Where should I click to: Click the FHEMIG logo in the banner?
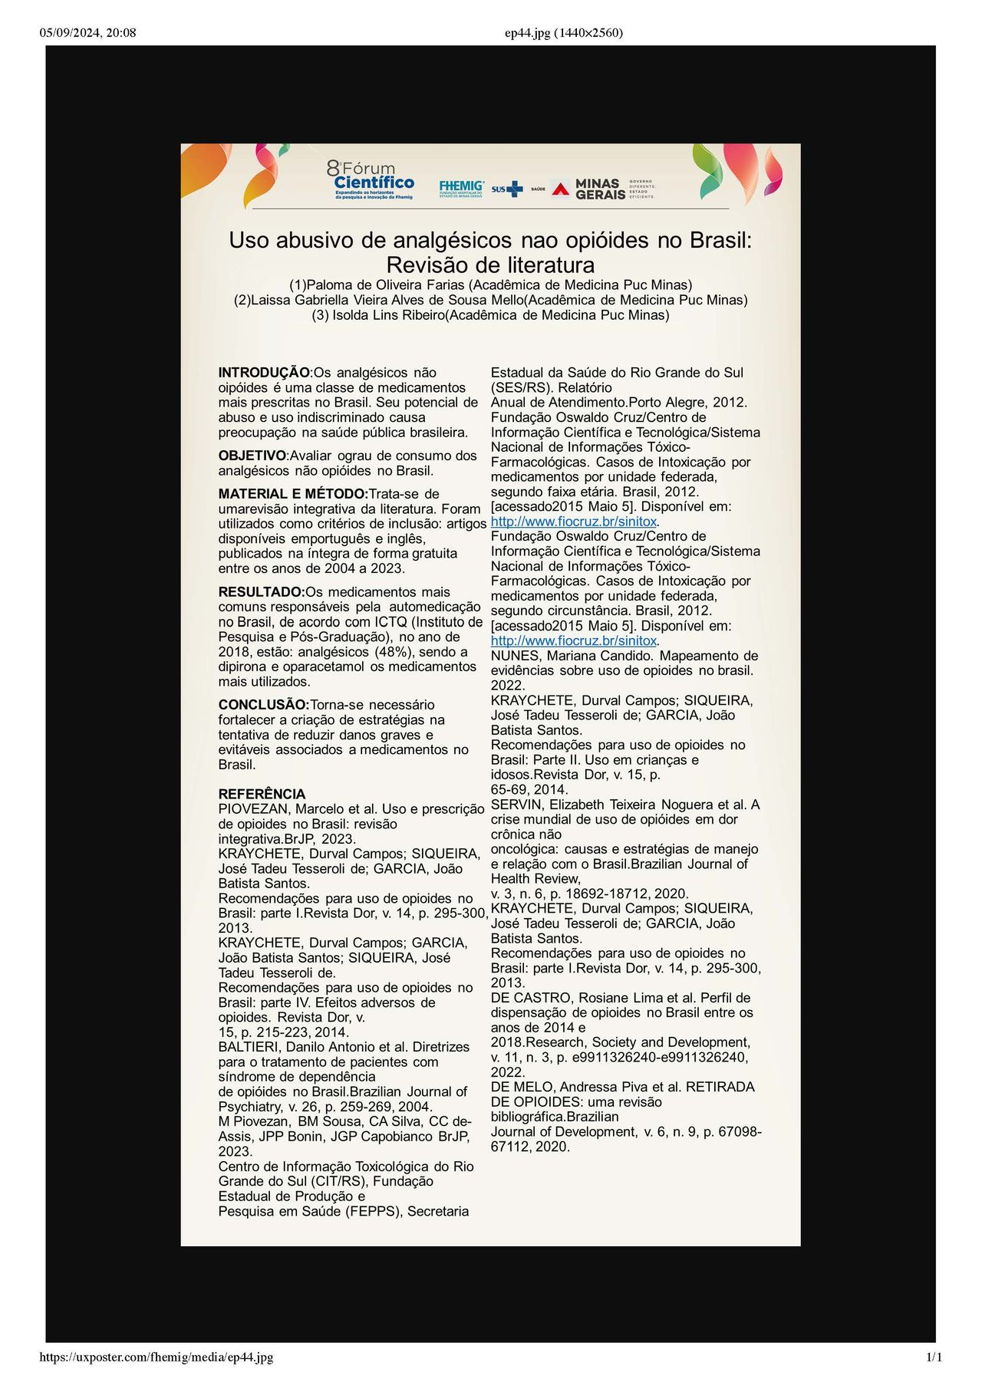(461, 188)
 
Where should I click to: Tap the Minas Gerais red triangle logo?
(561, 189)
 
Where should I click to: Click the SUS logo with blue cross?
(507, 189)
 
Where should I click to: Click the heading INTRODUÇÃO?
(264, 373)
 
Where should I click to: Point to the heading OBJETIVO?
(252, 456)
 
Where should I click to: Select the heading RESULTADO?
(262, 592)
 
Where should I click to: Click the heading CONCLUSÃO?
(263, 705)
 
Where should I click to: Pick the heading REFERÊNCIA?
(262, 794)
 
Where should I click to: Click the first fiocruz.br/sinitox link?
(574, 522)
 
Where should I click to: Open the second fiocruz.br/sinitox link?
(574, 640)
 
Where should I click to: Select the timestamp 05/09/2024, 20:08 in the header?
(87, 32)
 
